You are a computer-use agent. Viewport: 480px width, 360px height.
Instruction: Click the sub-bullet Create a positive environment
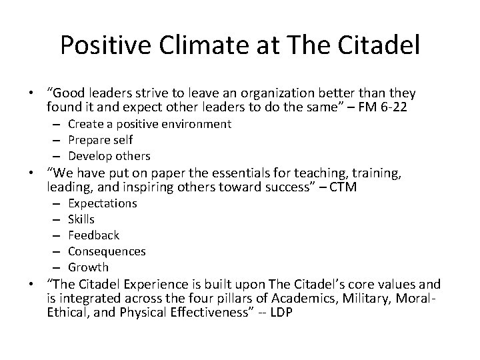pos(150,124)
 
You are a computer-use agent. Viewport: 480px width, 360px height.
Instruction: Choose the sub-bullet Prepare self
pos(101,140)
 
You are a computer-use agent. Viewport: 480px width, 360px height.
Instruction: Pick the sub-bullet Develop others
pos(109,156)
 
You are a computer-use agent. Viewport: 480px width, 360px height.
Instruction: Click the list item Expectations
pos(103,203)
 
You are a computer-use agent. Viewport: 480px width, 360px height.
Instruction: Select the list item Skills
pos(81,219)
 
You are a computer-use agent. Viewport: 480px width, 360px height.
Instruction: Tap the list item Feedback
pos(94,235)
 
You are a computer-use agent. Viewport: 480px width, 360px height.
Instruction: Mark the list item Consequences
pos(107,251)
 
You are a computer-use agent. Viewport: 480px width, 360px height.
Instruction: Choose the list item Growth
pos(88,267)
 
